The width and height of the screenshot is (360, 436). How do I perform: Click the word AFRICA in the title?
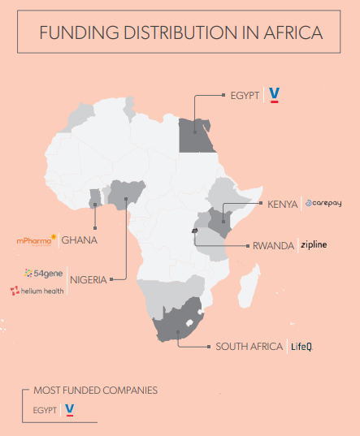[x=291, y=33]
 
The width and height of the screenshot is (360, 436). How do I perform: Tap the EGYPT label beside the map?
[x=244, y=95]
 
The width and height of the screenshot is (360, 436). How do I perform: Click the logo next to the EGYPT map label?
[x=275, y=95]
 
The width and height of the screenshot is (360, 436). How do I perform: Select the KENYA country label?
[x=282, y=204]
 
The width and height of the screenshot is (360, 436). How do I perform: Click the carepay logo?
[x=327, y=204]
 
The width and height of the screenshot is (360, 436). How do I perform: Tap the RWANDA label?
[x=273, y=245]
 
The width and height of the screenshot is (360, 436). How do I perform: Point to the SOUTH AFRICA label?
[x=249, y=347]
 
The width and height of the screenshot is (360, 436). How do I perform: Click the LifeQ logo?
[x=301, y=347]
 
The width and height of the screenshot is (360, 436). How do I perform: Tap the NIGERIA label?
[x=89, y=281]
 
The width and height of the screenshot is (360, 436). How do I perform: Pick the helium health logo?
[x=37, y=291]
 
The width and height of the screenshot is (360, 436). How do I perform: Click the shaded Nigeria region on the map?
[x=124, y=194]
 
